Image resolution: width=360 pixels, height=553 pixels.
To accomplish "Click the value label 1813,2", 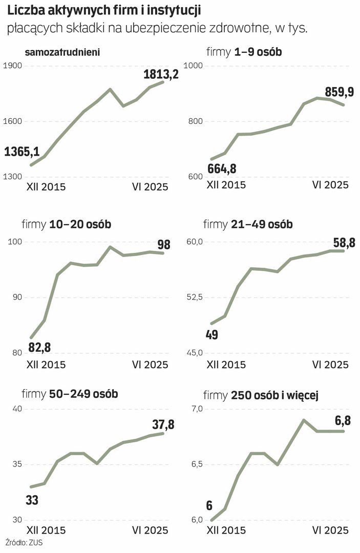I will coord(161,74).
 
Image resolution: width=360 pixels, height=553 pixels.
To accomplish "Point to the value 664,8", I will coord(226,168).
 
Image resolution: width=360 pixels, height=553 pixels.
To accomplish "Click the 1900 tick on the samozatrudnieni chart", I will coord(11,66).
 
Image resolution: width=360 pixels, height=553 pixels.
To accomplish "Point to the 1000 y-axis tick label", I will coord(194,66).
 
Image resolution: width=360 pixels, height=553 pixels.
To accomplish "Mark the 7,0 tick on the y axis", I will coord(197,409).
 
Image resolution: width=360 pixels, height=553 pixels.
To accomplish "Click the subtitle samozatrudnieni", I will coord(62,51).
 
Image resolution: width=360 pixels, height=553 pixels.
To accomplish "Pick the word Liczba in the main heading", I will coord(24,10).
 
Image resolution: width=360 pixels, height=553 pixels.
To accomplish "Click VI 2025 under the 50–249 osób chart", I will coord(150,530).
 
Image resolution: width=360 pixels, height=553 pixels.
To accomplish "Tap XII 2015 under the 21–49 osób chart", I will coord(226,365).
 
